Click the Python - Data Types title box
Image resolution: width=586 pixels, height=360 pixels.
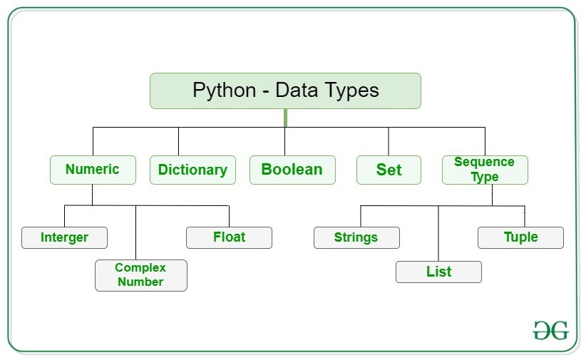285,91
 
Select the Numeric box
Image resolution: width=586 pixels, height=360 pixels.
93,170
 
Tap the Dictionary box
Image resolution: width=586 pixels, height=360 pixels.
192,170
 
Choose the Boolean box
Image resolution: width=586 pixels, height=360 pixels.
292,170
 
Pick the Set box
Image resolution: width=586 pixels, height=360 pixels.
389,170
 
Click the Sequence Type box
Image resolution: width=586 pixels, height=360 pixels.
485,170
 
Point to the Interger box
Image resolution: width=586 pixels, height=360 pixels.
64,237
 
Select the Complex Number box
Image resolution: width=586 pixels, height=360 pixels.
140,274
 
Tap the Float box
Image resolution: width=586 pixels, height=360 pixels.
229,237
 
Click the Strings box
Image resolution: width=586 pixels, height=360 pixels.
356,237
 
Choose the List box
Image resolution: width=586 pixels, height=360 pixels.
438,272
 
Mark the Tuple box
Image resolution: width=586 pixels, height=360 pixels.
520,237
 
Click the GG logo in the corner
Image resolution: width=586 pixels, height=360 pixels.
551,330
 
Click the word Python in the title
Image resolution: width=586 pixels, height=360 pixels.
223,91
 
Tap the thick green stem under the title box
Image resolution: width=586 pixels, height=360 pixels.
285,118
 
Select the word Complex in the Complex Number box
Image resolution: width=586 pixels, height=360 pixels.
140,267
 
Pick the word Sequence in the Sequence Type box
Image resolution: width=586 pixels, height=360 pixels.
484,163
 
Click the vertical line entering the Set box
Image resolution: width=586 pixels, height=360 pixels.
389,141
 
